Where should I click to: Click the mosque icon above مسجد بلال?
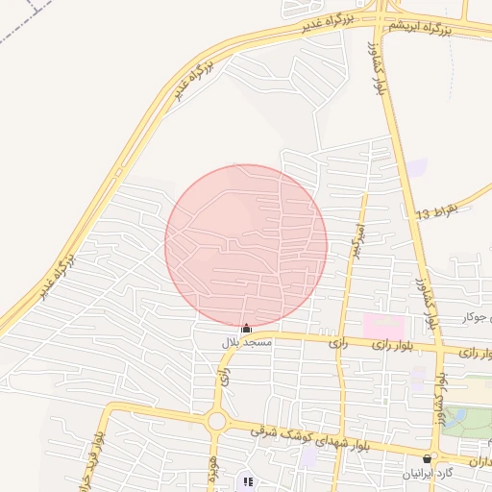(x=246, y=329)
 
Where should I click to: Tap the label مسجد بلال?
(x=248, y=342)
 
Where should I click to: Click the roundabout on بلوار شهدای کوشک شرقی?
(x=216, y=420)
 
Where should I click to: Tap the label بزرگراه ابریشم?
(x=419, y=29)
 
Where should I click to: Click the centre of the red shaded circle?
(x=246, y=245)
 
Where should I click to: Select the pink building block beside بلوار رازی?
(x=383, y=325)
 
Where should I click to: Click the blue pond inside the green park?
(x=455, y=417)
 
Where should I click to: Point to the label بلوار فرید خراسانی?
(x=97, y=452)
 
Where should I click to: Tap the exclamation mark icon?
(x=248, y=482)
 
